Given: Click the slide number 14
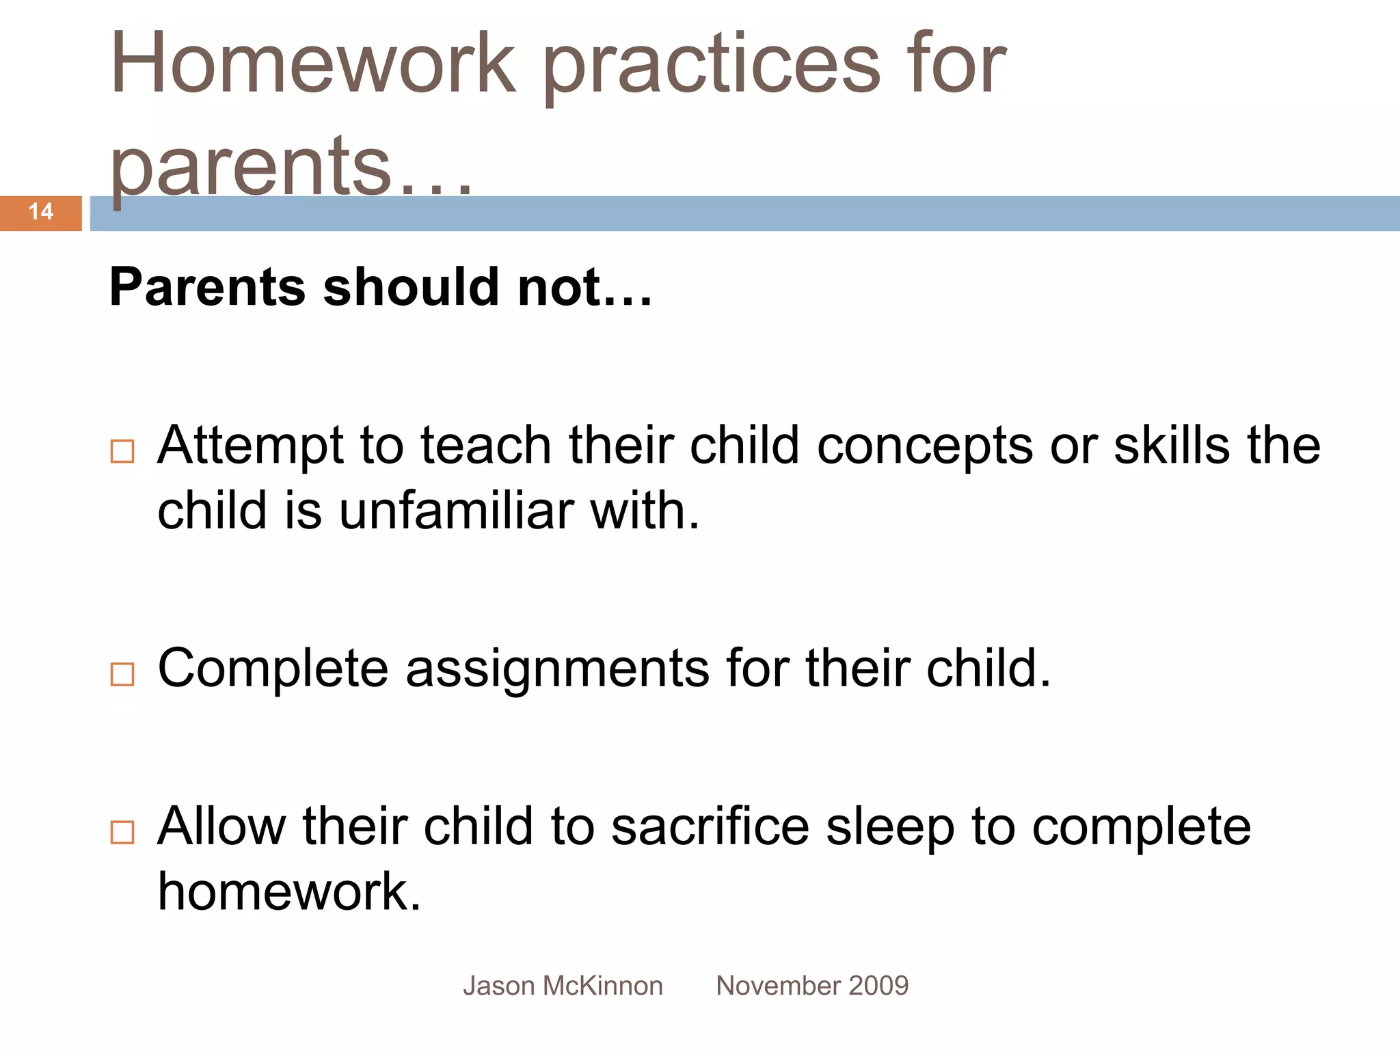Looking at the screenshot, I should click(x=41, y=212).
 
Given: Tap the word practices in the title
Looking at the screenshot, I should click(x=712, y=68).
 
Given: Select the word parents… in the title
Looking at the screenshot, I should click(x=291, y=167).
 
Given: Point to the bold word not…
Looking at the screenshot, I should click(x=584, y=287).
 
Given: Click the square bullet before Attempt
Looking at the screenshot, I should click(x=122, y=452).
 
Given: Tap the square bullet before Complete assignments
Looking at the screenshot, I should click(x=122, y=675).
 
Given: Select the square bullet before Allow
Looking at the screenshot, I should click(x=122, y=833).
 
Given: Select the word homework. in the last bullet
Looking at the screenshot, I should click(x=289, y=892).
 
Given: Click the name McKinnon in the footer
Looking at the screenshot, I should click(x=602, y=986).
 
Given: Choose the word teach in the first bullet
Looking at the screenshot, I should click(x=486, y=446).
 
